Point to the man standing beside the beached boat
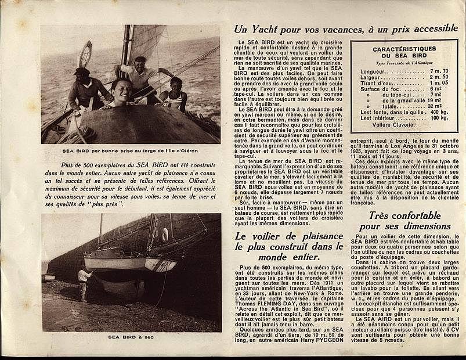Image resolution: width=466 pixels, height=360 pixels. pyautogui.click(x=84, y=283)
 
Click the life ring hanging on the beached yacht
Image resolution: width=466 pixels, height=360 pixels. pyautogui.click(x=165, y=235)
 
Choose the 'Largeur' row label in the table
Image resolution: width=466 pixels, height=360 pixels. pyautogui.click(x=371, y=77)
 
